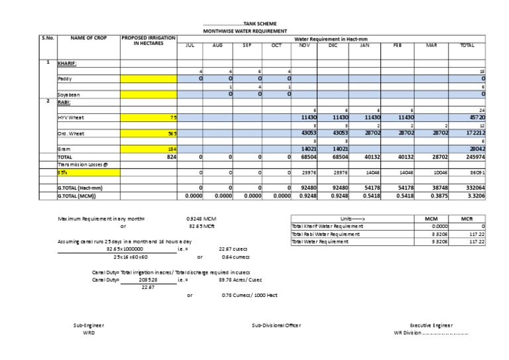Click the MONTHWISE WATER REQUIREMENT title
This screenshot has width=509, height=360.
point(245,31)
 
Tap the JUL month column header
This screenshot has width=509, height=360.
point(190,45)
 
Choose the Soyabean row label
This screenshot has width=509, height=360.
point(68,94)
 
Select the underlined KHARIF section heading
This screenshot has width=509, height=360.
point(68,63)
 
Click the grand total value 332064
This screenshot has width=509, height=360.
point(475,188)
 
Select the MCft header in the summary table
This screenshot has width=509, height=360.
point(475,218)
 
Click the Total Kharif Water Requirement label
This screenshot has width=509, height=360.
point(323,226)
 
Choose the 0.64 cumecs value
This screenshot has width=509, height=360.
point(235,257)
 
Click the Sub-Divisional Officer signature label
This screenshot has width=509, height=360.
point(277,326)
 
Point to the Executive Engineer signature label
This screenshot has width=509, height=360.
point(431,326)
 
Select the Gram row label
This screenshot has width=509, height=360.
point(64,149)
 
